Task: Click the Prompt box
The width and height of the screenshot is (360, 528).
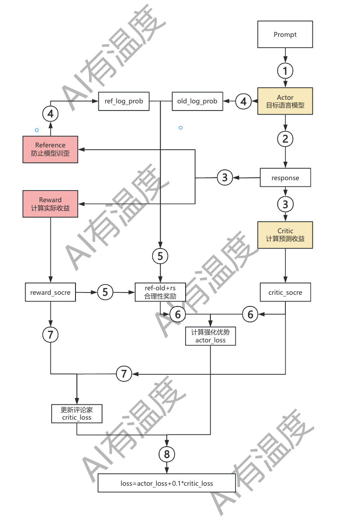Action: pos(285,35)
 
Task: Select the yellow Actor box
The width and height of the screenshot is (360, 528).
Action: pos(285,101)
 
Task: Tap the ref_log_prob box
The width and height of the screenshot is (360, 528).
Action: pos(124,101)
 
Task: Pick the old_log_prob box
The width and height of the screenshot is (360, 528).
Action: pos(197,101)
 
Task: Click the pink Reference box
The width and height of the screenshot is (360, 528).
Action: pos(50,150)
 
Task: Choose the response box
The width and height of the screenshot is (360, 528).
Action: pos(285,178)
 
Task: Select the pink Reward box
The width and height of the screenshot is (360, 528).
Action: pos(50,204)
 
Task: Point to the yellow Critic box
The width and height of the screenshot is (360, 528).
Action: pos(285,235)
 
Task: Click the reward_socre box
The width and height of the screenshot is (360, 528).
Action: pos(50,293)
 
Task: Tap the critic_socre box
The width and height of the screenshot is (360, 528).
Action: pos(285,293)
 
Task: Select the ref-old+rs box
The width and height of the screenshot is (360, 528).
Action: pos(160,293)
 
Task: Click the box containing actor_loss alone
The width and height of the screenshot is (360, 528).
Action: pos(211,336)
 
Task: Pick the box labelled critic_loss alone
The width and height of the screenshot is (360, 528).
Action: pos(77,413)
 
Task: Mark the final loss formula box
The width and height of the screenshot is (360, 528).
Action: pos(167,484)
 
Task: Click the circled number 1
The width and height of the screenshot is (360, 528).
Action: pos(285,71)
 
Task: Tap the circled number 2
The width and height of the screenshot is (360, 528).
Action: pos(285,138)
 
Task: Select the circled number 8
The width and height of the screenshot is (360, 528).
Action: pos(167,454)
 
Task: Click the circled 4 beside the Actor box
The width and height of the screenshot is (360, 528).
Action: pos(244,102)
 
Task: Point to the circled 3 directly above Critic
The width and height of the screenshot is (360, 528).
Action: pos(285,204)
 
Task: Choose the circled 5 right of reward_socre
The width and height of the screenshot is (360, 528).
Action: pos(105,292)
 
